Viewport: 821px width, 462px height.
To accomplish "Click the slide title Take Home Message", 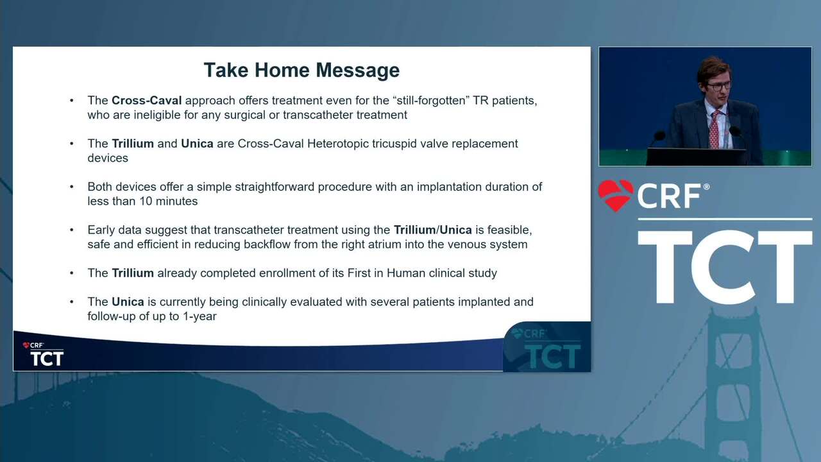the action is (x=301, y=70).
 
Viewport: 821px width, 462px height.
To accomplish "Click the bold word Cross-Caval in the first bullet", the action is (x=147, y=101).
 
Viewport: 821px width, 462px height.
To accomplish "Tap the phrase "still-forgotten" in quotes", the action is (x=430, y=101).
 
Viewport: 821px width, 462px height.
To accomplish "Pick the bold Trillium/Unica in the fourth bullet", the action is (x=432, y=230).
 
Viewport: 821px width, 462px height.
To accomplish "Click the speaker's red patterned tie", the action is (x=714, y=130).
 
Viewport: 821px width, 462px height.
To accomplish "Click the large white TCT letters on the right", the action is (x=725, y=267).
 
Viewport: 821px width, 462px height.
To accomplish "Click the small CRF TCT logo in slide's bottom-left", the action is (x=43, y=354).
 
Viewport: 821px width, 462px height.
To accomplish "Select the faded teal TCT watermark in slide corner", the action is (x=553, y=355).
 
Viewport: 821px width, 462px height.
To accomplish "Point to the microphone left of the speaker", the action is (x=659, y=137).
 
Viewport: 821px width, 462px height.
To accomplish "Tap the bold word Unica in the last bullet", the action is (x=128, y=302).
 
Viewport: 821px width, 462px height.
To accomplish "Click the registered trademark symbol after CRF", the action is (x=706, y=187).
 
